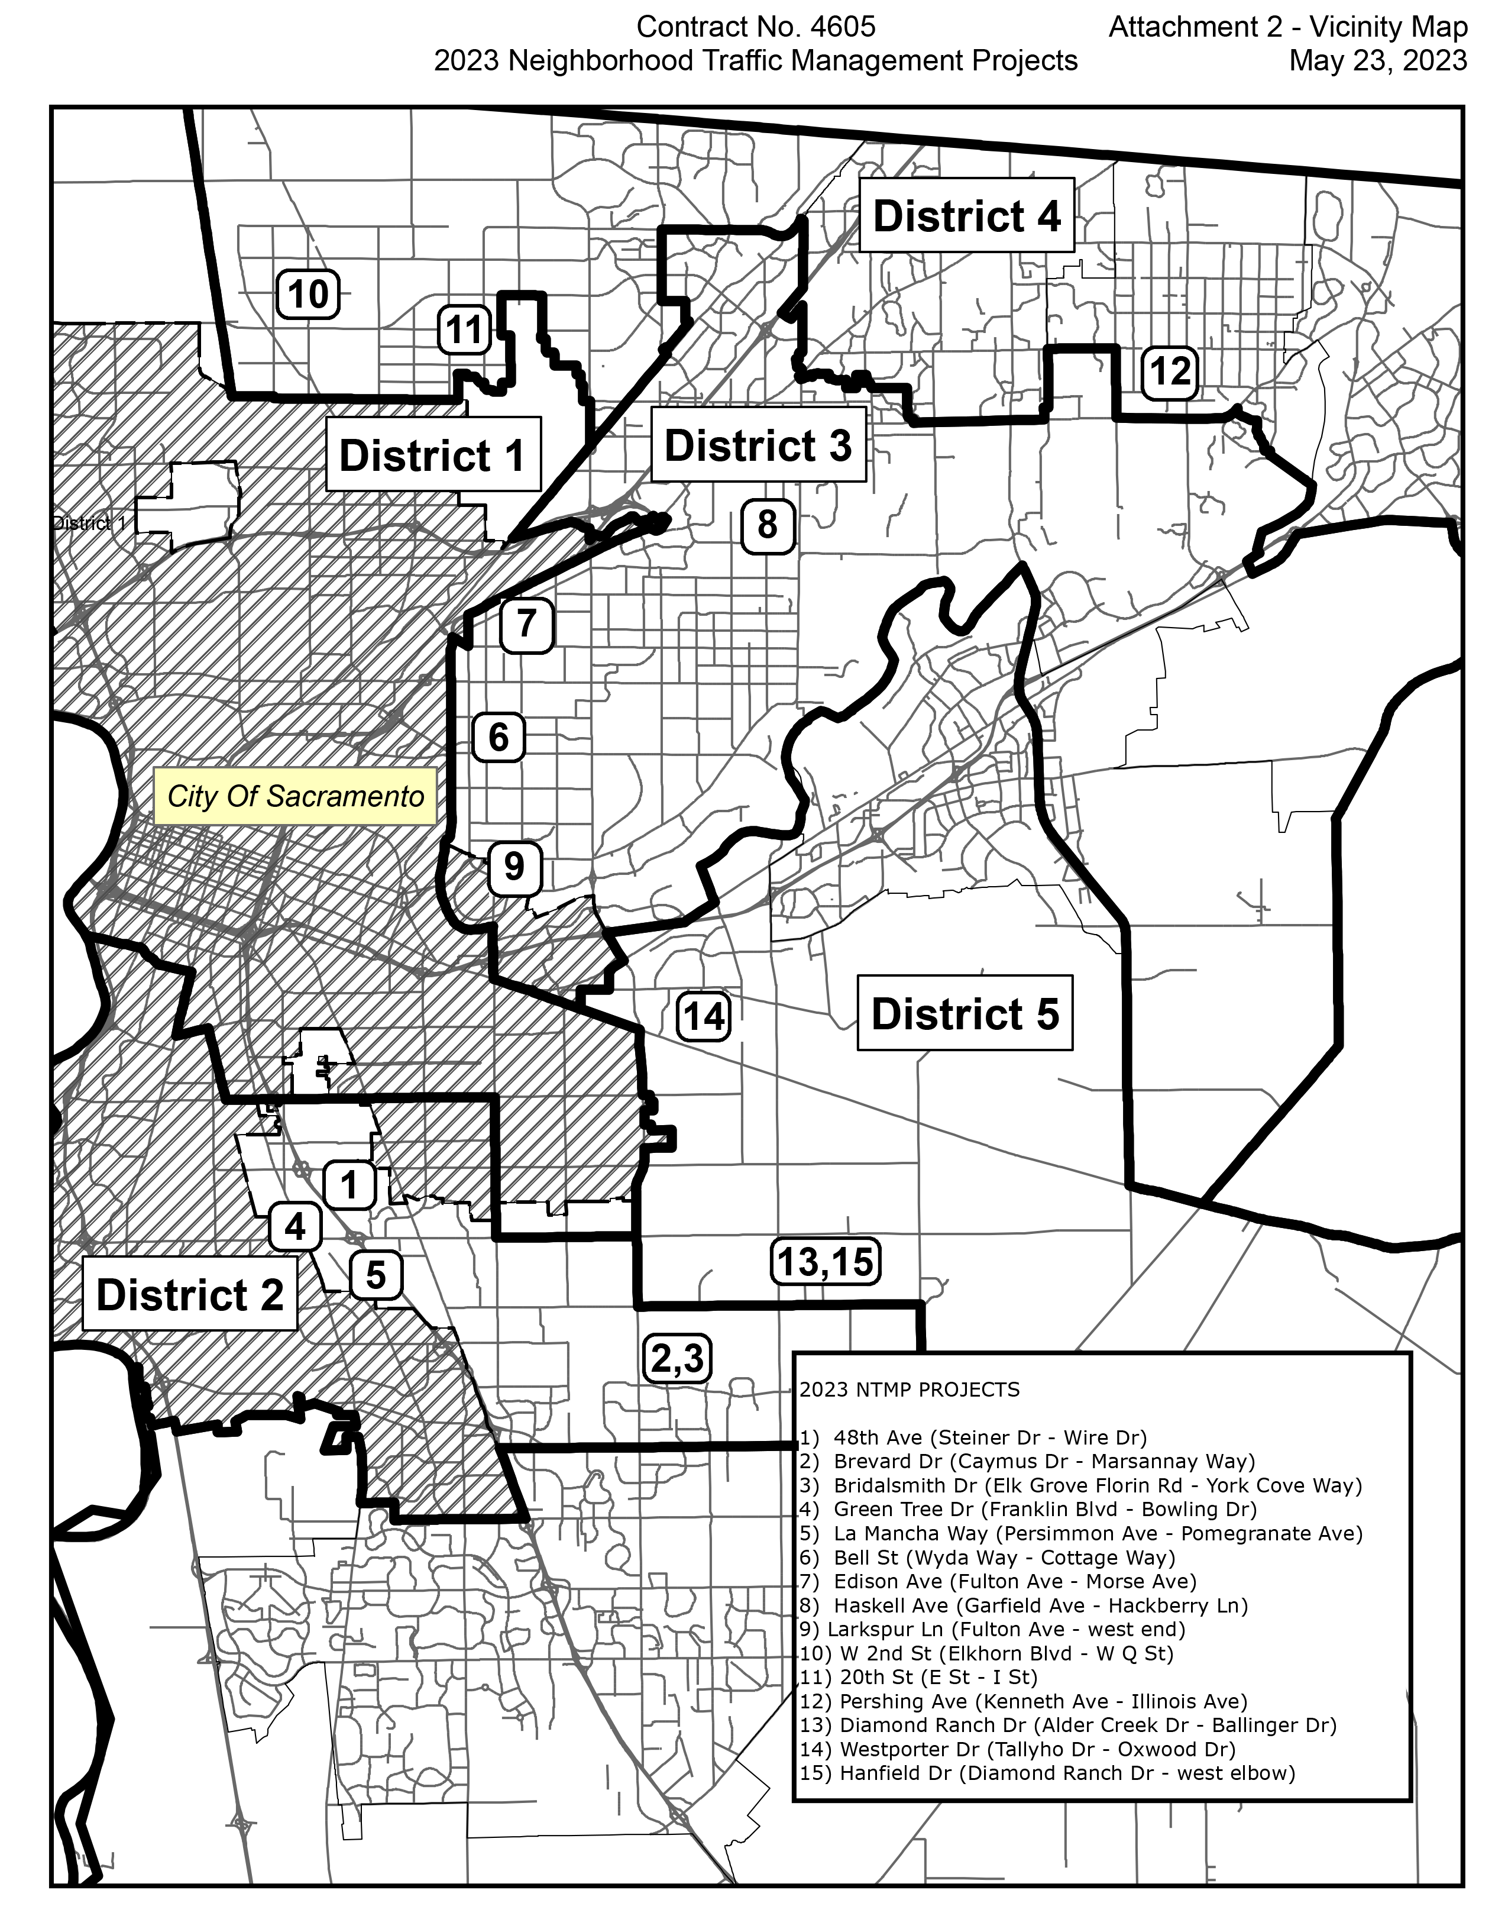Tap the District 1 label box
point(433,455)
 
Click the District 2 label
point(190,1295)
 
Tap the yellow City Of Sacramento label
point(295,797)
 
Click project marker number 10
point(308,294)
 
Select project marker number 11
point(464,329)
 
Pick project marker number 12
point(1170,372)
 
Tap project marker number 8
point(767,525)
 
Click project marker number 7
point(527,625)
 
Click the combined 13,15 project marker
point(826,1261)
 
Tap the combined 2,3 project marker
point(677,1358)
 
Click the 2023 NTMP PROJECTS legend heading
point(910,1390)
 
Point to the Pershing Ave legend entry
point(1022,1701)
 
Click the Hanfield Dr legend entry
point(1046,1773)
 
